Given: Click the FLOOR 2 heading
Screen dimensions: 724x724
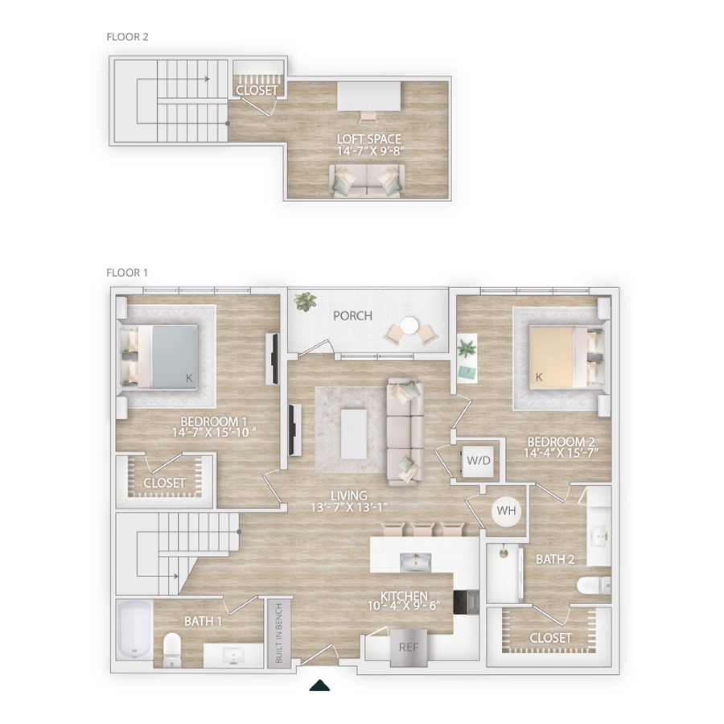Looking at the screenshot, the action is point(127,37).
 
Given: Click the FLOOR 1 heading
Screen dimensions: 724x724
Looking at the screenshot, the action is point(127,273).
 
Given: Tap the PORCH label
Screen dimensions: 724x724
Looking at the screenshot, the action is point(353,316).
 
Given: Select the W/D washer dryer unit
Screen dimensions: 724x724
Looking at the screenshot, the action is point(479,460).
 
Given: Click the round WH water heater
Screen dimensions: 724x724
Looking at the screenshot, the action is point(507,511).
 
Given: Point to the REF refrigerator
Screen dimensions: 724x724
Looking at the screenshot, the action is point(409,648).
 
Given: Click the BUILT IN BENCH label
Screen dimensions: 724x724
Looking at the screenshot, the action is point(279,632).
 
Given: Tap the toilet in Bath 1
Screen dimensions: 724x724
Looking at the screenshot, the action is point(172,649).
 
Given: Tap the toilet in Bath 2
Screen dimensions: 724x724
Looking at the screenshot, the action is point(594,586).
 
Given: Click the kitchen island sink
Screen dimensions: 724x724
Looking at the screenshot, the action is point(416,562).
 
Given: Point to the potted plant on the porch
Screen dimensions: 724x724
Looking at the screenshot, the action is point(305,301).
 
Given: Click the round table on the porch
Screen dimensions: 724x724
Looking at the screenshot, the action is point(409,327).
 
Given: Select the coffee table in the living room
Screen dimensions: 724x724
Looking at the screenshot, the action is point(354,434).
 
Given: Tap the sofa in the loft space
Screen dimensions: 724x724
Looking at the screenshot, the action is point(367,181).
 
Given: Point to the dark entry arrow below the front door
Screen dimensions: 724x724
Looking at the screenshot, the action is point(319,685).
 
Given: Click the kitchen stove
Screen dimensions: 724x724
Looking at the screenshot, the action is point(466,602).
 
